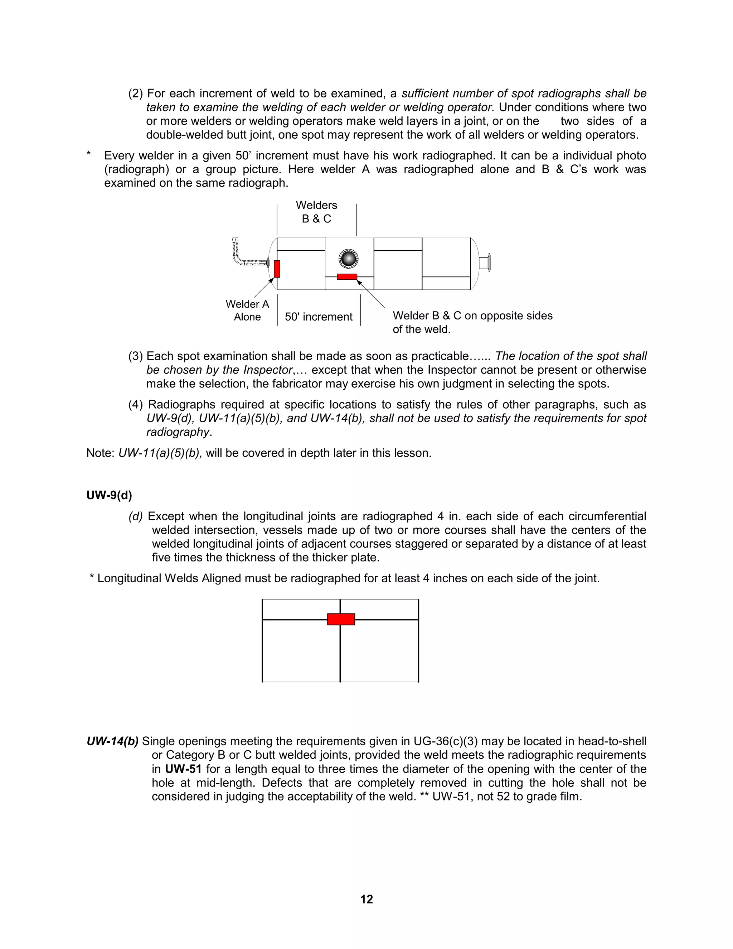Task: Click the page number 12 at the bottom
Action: pos(366,899)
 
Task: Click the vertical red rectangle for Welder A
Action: pos(277,269)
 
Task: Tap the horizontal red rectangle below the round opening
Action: pos(347,277)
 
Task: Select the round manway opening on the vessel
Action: pos(348,259)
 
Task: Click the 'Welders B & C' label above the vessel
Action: pos(316,212)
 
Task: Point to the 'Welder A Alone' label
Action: pos(247,310)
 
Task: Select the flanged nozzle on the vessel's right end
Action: pos(485,263)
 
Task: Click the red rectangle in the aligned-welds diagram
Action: pos(341,619)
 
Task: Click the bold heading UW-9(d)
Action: pos(109,495)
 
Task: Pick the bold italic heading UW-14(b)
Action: pos(112,741)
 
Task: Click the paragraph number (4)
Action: pos(136,405)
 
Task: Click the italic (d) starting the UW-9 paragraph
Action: pos(136,516)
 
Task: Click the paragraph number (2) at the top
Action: pos(136,94)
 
